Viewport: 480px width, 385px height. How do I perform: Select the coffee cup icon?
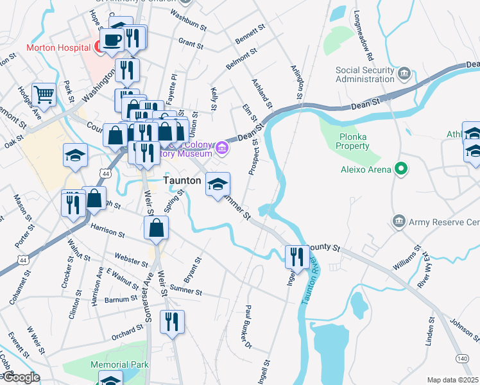click(112, 40)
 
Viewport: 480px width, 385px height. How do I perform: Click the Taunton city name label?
click(182, 181)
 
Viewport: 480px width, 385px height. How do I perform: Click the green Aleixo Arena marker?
click(402, 169)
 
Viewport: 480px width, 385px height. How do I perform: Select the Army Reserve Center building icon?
click(399, 222)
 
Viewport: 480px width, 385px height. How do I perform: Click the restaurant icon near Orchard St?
click(172, 321)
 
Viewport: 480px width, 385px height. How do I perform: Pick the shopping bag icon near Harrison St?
click(156, 228)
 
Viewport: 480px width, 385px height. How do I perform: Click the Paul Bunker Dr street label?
click(247, 328)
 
